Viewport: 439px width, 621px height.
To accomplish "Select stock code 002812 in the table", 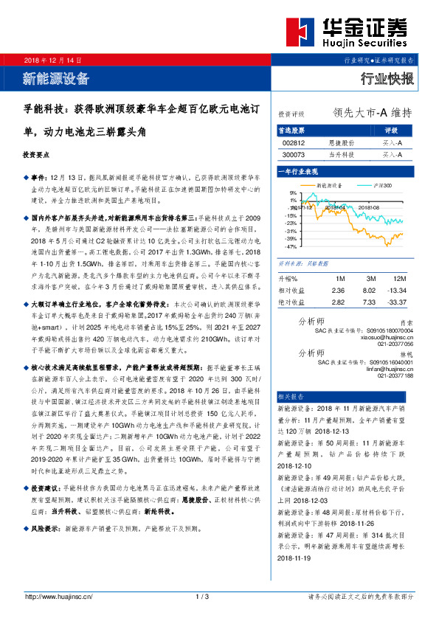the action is (294, 143).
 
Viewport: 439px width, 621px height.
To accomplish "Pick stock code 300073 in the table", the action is (294, 155).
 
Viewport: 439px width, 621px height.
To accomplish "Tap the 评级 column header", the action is (391, 130).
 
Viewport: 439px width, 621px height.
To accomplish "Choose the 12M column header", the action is (400, 279).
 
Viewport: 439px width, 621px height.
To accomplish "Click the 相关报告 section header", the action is (291, 395).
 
